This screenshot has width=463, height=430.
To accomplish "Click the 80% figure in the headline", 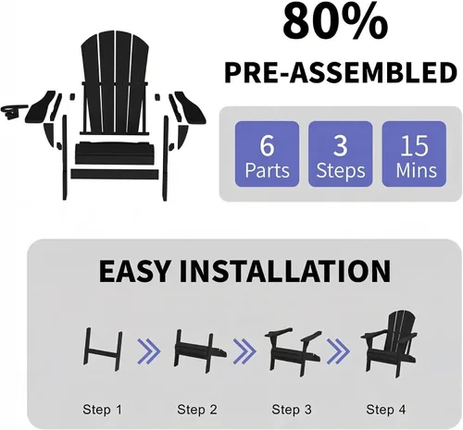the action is (335, 23).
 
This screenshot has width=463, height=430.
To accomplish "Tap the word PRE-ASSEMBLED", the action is (341, 73).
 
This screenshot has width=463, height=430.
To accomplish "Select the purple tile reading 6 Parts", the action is (267, 154).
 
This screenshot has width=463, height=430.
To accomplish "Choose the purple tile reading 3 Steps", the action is (341, 154).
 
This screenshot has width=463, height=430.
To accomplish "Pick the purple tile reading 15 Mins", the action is (414, 154).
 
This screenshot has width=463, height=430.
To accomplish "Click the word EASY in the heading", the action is (134, 272).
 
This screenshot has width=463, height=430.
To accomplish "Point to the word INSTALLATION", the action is (285, 272).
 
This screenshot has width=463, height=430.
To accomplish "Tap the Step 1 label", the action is (103, 410).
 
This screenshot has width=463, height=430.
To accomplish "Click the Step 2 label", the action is (197, 410).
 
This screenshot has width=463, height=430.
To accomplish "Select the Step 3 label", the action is (292, 410).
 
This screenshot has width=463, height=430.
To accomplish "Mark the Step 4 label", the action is (386, 410).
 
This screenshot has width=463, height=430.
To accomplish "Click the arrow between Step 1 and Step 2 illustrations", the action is (149, 351).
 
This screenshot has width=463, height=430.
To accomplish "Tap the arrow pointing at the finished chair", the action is (338, 351).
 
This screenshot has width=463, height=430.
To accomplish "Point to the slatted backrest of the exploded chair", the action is (115, 83).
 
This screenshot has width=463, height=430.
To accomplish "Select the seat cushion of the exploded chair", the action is (115, 153).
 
